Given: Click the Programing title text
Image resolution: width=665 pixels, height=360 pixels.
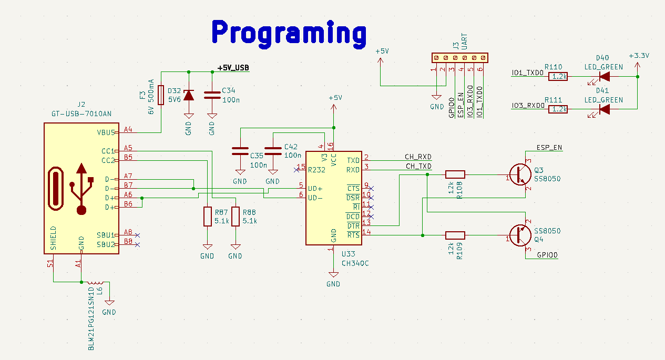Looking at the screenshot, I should pyautogui.click(x=289, y=32).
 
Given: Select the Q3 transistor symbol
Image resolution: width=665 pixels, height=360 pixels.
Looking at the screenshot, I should pyautogui.click(x=521, y=174).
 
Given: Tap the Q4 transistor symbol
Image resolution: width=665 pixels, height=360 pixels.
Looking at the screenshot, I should pyautogui.click(x=521, y=235).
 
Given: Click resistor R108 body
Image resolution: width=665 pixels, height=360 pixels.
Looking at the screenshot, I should pyautogui.click(x=455, y=174).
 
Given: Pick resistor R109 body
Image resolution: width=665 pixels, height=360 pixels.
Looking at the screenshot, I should pyautogui.click(x=455, y=235).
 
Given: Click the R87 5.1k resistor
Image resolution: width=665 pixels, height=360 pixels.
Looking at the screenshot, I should pyautogui.click(x=208, y=217).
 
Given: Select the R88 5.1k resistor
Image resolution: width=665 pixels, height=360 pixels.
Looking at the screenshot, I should pyautogui.click(x=236, y=217).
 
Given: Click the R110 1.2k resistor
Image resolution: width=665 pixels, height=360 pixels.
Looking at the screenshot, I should pyautogui.click(x=558, y=77).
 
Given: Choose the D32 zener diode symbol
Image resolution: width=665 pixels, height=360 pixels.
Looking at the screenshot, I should pyautogui.click(x=188, y=95).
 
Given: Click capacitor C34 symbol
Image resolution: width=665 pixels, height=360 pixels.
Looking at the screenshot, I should pyautogui.click(x=212, y=95).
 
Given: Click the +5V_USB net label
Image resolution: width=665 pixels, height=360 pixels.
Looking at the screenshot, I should pyautogui.click(x=233, y=68).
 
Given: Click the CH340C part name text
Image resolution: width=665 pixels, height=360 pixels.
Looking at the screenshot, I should pyautogui.click(x=355, y=263).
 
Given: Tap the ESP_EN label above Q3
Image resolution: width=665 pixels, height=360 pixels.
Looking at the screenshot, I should pyautogui.click(x=549, y=148).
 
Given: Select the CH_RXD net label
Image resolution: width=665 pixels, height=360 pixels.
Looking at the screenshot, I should pyautogui.click(x=417, y=157).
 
